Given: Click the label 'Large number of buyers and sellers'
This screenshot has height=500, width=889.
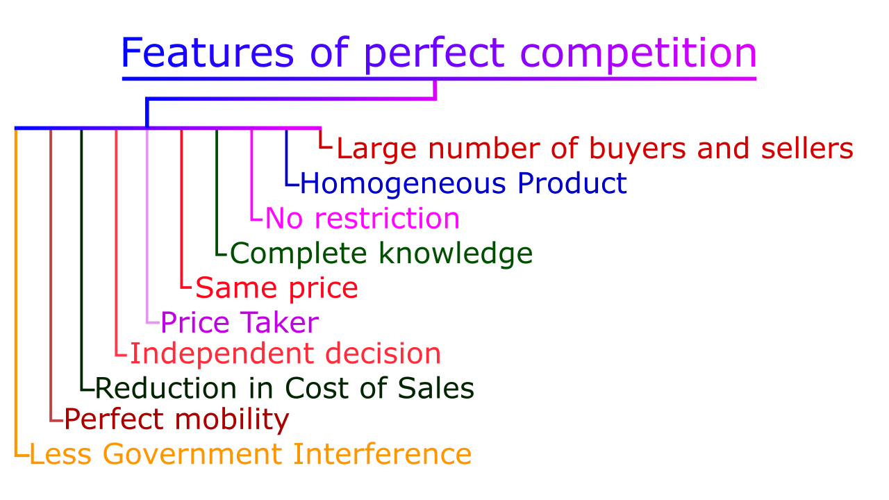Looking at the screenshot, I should pos(595,149).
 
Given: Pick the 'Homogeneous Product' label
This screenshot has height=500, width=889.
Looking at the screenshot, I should pos(463,183).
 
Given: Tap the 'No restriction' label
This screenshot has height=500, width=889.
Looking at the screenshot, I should pos(362,218).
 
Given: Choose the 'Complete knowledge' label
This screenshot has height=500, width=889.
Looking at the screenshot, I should pos(381,253).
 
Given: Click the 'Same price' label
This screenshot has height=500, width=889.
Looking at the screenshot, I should pos(276,287).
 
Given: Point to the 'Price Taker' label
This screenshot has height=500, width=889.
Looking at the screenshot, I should pos(240,322).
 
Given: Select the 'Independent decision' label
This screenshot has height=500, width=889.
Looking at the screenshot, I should pos(285,353).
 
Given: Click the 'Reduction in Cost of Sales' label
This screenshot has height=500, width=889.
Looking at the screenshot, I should pos(284,388).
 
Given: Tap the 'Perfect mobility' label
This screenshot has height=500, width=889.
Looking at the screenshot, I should pos(176,419).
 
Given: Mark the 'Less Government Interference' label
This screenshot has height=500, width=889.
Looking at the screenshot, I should pos(251,454).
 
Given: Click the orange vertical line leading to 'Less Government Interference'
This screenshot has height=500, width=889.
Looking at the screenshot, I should pos(16,292).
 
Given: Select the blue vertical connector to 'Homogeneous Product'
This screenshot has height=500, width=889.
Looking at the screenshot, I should pos(286,157).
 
